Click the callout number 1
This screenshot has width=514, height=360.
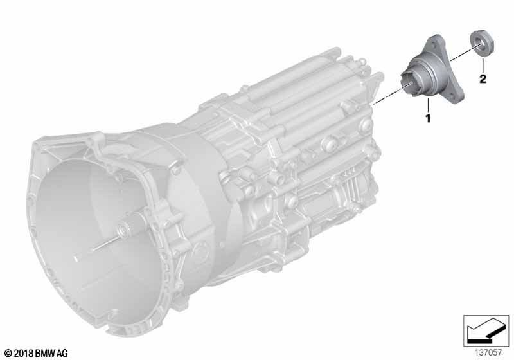(428, 118)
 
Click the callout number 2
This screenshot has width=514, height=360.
(483, 79)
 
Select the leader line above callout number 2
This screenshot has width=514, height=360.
(483, 65)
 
